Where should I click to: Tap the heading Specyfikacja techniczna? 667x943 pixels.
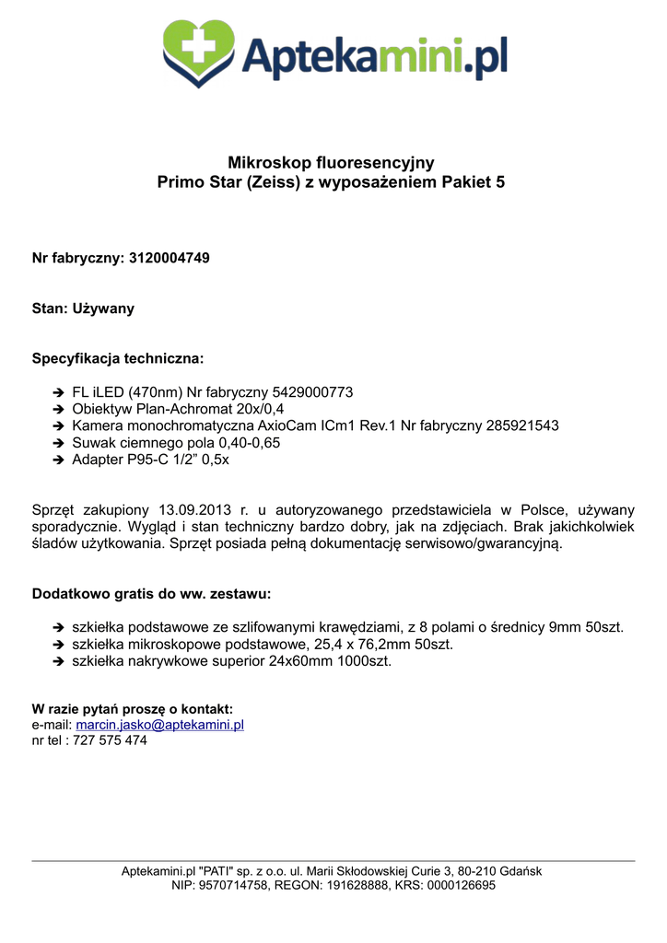click(118, 357)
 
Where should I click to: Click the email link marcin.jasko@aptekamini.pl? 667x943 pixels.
click(159, 726)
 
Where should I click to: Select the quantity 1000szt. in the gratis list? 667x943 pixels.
click(363, 661)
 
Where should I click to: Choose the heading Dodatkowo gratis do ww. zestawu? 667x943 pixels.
click(152, 594)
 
